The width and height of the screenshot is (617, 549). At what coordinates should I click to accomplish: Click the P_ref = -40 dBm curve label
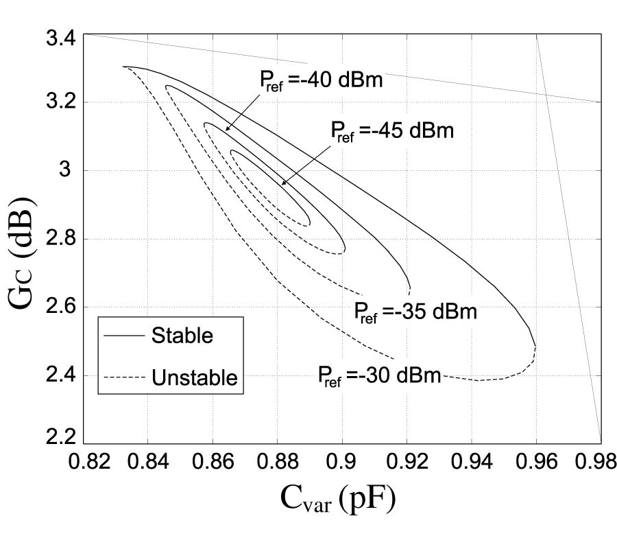click(x=320, y=80)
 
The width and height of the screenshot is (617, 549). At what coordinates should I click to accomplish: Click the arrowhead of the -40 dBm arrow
click(x=226, y=130)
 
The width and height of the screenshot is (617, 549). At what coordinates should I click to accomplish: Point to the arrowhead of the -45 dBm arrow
click(x=282, y=184)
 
